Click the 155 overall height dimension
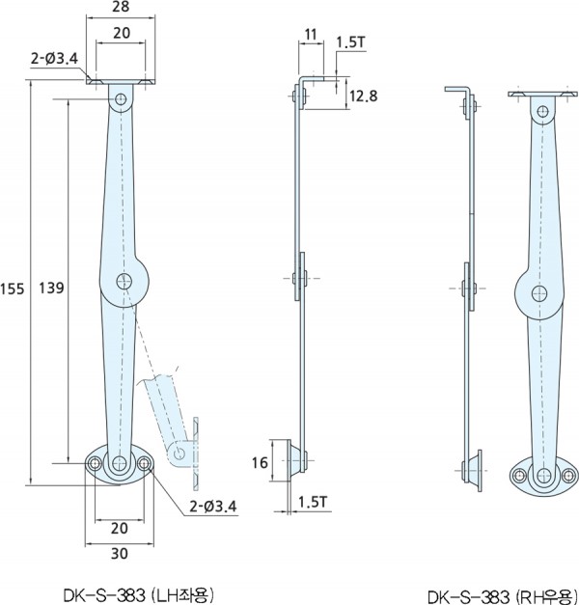click(12, 289)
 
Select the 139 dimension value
click(51, 288)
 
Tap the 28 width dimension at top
click(121, 7)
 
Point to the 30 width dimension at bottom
click(120, 553)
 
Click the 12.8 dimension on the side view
click(363, 96)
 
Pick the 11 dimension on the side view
click(311, 35)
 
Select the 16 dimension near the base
click(260, 462)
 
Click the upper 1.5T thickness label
click(351, 42)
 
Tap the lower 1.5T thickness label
click(313, 502)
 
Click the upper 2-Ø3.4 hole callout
click(54, 58)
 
